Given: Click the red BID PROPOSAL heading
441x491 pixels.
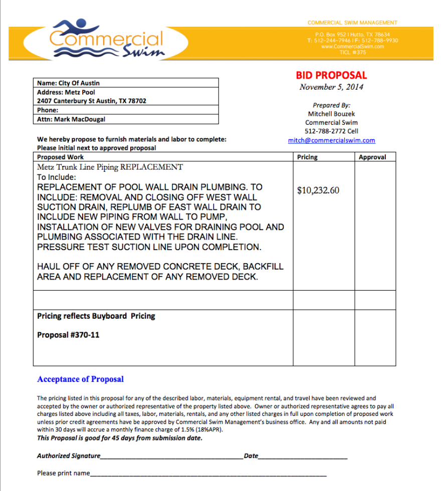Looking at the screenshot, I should pyautogui.click(x=331, y=75).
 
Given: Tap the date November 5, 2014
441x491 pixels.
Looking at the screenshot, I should pyautogui.click(x=331, y=87).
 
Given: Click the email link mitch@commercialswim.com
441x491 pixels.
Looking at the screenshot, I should pyautogui.click(x=331, y=140).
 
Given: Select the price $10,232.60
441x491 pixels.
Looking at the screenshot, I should pyautogui.click(x=318, y=190).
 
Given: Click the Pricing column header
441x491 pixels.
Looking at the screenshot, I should pyautogui.click(x=307, y=157).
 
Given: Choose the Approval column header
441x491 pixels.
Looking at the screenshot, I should pyautogui.click(x=372, y=157).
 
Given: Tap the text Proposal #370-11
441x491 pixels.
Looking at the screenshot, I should pyautogui.click(x=68, y=335).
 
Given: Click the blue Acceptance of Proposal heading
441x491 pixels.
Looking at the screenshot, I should pyautogui.click(x=80, y=379).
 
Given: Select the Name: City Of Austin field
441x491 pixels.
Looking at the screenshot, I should pyautogui.click(x=68, y=83).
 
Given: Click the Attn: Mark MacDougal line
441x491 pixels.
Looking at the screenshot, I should pyautogui.click(x=71, y=119).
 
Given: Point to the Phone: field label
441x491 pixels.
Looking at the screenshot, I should pyautogui.click(x=48, y=110).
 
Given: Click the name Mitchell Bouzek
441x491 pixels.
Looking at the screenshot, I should pyautogui.click(x=331, y=114).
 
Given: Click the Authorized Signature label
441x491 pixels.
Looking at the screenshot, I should pyautogui.click(x=69, y=456).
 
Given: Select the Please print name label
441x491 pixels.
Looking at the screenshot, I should pyautogui.click(x=63, y=473).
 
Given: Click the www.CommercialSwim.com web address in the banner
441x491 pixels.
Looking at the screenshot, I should pyautogui.click(x=352, y=46).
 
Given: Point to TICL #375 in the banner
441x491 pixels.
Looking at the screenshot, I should pyautogui.click(x=352, y=52).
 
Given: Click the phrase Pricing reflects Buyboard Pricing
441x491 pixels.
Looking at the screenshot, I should pyautogui.click(x=96, y=316).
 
